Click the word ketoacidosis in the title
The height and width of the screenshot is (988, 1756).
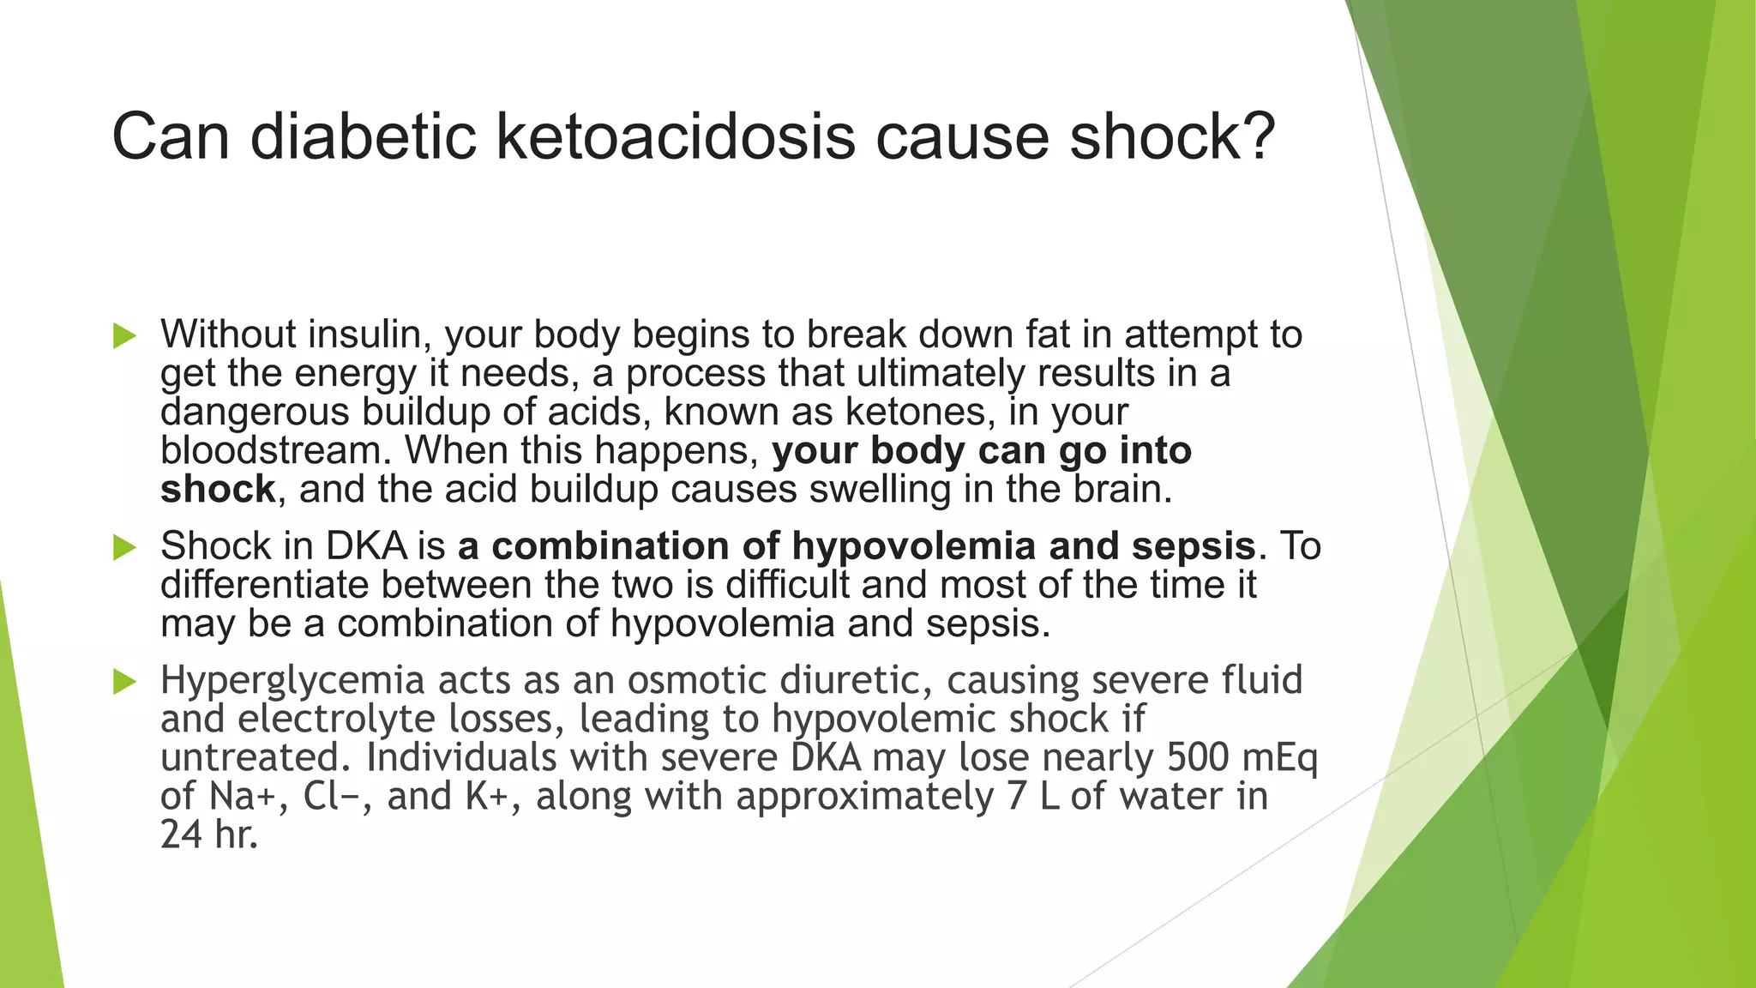[676, 137]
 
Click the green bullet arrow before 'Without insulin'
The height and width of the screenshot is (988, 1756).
[124, 336]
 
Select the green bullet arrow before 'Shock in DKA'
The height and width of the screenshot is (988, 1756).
[124, 547]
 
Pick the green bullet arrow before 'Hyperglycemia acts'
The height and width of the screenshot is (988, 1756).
[124, 682]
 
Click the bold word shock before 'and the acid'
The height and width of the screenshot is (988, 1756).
[218, 490]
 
